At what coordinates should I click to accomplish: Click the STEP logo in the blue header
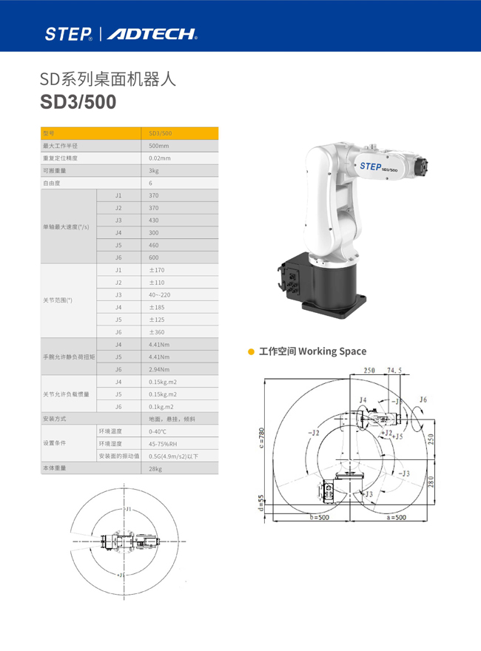[x=69, y=33]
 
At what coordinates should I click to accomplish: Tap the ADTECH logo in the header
[x=152, y=33]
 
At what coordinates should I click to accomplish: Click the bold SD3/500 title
[x=78, y=102]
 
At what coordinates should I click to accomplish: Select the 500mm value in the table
[x=158, y=146]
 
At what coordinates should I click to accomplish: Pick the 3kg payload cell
[x=154, y=170]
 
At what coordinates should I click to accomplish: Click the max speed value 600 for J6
[x=154, y=257]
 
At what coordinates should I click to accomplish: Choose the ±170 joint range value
[x=157, y=270]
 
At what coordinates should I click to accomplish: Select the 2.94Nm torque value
[x=159, y=369]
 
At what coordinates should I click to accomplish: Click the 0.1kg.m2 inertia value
[x=161, y=406]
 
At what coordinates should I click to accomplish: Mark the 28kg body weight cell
[x=155, y=468]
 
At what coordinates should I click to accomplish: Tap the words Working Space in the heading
[x=332, y=351]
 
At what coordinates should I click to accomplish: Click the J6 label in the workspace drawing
[x=422, y=400]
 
